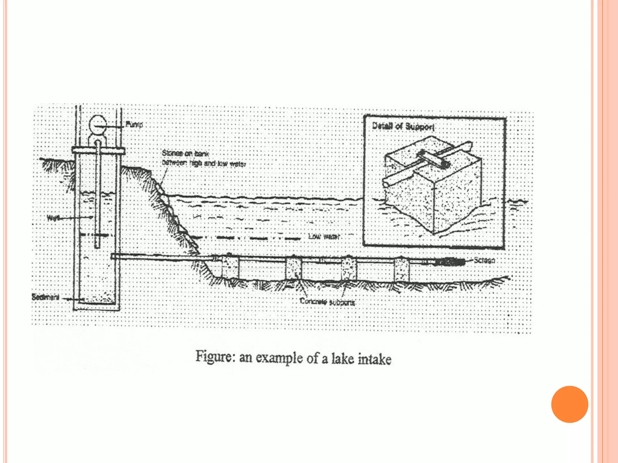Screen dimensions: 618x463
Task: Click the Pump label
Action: [x=134, y=124]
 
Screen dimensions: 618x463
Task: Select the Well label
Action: [x=53, y=218]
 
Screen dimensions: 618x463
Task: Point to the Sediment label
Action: [x=46, y=297]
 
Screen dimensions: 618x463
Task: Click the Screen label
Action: [x=484, y=260]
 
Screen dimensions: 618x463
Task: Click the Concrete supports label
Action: [x=327, y=302]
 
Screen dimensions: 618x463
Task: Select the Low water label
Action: [x=324, y=237]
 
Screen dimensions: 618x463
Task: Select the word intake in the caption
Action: [x=374, y=359]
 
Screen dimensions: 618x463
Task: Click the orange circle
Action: [x=569, y=404]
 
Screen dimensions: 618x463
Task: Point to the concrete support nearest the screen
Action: [x=402, y=269]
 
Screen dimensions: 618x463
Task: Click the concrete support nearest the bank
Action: [x=230, y=268]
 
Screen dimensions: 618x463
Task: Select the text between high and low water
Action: [x=204, y=163]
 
